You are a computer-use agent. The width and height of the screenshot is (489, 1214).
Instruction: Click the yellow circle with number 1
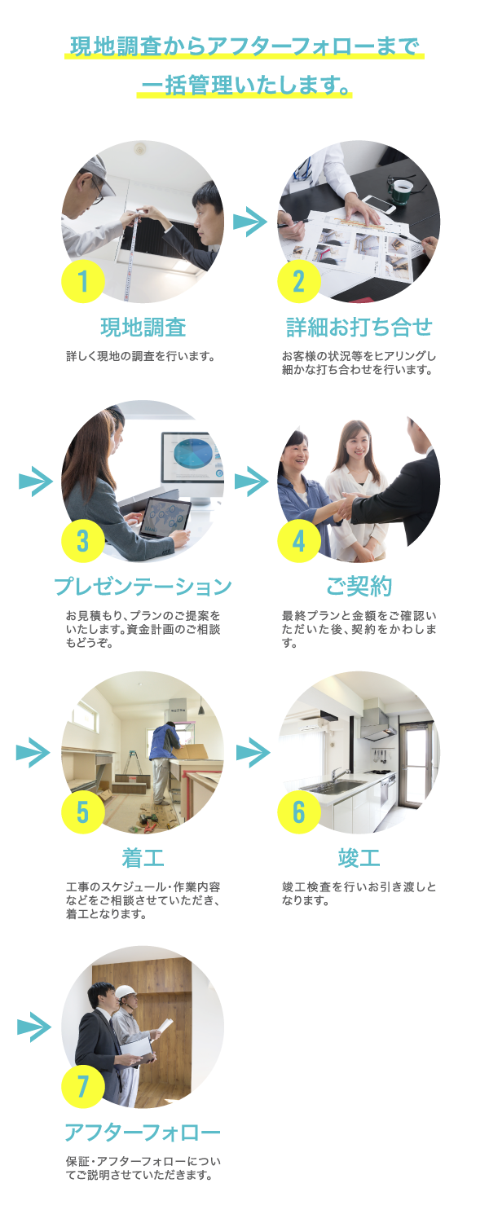click(83, 281)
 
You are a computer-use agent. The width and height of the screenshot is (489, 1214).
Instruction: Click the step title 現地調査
click(143, 328)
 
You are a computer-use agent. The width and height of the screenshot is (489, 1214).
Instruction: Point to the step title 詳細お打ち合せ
click(359, 328)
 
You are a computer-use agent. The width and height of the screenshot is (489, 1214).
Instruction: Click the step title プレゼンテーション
click(143, 586)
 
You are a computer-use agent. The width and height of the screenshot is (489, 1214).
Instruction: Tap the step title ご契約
click(359, 586)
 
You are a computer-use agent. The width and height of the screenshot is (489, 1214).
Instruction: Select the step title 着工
click(143, 857)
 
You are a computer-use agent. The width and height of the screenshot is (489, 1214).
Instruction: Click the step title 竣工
click(359, 857)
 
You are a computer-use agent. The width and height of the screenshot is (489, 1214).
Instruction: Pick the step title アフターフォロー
click(143, 1133)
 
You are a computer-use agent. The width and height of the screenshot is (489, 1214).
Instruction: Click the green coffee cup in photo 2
click(401, 190)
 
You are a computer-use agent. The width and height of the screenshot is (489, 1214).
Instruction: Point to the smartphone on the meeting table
click(377, 205)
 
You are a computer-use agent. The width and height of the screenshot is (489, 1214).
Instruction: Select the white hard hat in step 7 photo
click(125, 992)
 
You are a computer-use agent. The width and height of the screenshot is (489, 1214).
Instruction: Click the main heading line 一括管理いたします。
click(244, 84)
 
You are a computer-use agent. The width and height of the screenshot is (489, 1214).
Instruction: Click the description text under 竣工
click(359, 894)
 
